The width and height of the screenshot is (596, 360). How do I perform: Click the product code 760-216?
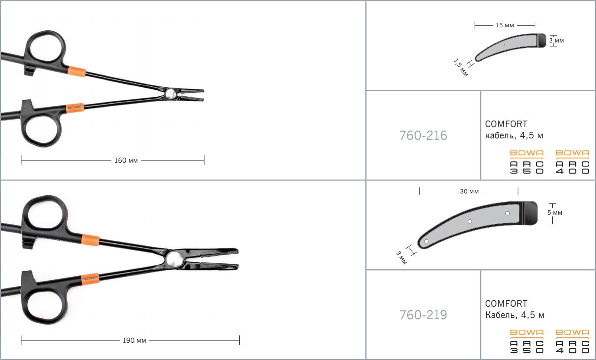pyautogui.click(x=423, y=135)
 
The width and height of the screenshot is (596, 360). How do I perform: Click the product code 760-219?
pyautogui.click(x=423, y=315)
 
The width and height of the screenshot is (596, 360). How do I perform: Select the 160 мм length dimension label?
pyautogui.click(x=126, y=160)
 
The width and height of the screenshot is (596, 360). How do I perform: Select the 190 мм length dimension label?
pyautogui.click(x=134, y=340)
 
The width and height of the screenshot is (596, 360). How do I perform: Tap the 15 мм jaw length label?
pyautogui.click(x=505, y=25)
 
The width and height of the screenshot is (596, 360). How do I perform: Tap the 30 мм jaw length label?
pyautogui.click(x=469, y=191)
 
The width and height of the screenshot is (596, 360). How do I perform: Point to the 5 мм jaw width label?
pyautogui.click(x=555, y=213)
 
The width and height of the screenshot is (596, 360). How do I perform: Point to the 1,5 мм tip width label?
pyautogui.click(x=460, y=68)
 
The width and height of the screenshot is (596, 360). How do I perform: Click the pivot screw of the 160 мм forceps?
pyautogui.click(x=170, y=94)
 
